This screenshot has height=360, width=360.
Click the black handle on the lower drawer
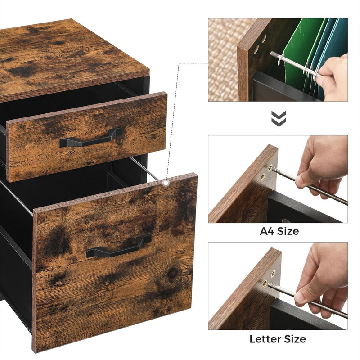coord(118,247)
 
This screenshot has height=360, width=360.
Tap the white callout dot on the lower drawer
coord(167,183)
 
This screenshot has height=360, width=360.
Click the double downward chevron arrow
coord(278,118)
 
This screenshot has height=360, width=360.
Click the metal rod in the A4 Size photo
coord(310,187)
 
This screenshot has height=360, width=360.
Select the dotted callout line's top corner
coord(180,64)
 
